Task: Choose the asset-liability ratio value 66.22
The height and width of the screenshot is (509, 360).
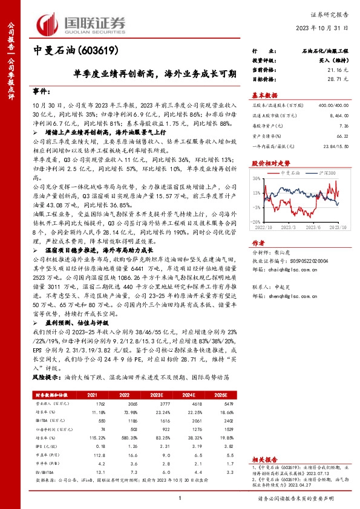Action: click(x=343, y=137)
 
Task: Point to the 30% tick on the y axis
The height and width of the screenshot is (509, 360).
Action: click(x=257, y=179)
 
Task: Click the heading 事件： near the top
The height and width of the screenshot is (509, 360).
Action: click(x=43, y=90)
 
